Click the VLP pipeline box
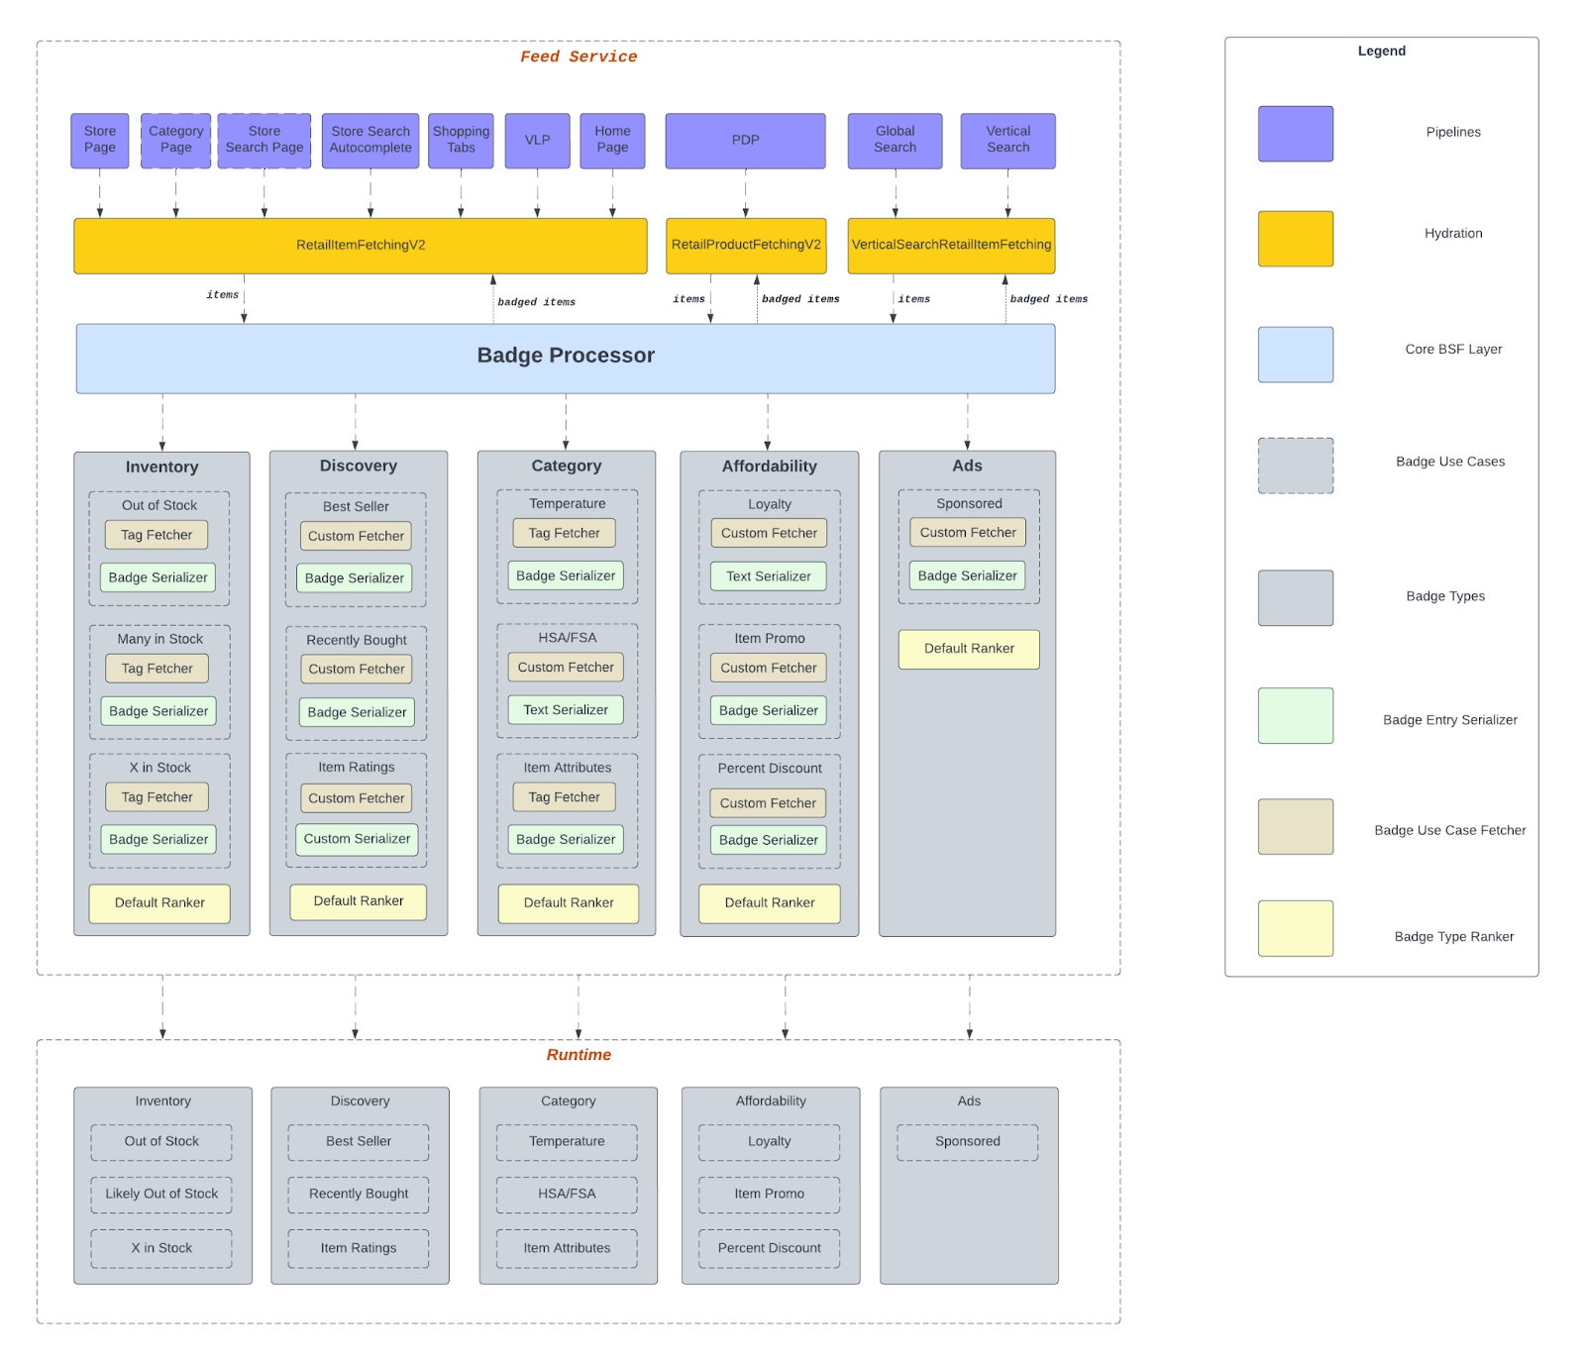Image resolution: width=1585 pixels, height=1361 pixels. [x=537, y=141]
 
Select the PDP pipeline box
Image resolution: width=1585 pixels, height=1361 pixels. [x=745, y=141]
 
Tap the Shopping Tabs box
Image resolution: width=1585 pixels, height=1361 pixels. [x=461, y=141]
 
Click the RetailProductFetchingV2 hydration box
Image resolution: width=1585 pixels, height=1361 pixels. [x=746, y=246]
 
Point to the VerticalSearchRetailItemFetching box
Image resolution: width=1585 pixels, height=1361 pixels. [x=951, y=246]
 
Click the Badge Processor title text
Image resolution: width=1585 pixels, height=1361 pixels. [x=566, y=356]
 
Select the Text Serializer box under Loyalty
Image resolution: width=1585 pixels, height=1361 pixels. [x=769, y=576]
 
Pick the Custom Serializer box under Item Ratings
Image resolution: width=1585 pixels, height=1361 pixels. [x=357, y=839]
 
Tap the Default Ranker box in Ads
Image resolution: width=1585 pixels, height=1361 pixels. [x=969, y=649]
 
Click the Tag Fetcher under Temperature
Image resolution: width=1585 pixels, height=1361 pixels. [x=564, y=533]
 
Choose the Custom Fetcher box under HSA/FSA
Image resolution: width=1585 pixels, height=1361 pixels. [x=566, y=668]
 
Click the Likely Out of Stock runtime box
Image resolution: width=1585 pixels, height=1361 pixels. [x=161, y=1195]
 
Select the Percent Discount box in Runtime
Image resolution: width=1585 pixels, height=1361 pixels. [x=769, y=1248]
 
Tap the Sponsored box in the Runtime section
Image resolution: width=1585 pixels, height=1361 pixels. [x=968, y=1142]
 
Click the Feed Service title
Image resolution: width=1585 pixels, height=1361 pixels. [x=579, y=56]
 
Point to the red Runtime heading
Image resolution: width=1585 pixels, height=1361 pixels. [x=579, y=1055]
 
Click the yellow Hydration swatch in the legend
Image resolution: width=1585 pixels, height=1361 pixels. [x=1296, y=239]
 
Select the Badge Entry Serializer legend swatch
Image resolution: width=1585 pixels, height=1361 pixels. [x=1296, y=716]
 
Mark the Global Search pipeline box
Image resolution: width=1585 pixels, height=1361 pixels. [x=895, y=141]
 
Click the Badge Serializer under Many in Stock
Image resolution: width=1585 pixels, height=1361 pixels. [x=158, y=711]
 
